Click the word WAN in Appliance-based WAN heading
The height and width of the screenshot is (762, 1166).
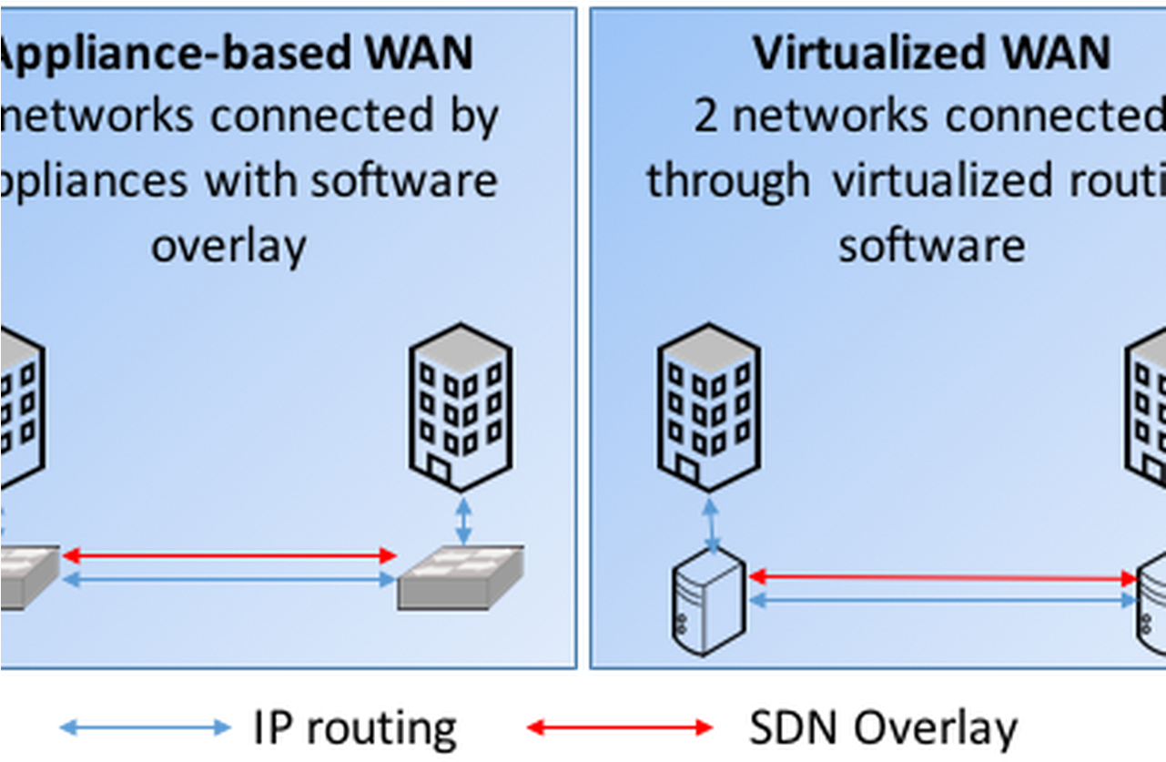pyautogui.click(x=420, y=53)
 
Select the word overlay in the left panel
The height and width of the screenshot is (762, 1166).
pyautogui.click(x=228, y=246)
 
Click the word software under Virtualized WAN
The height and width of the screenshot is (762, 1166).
pyautogui.click(x=931, y=246)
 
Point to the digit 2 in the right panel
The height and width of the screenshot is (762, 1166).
pyautogui.click(x=705, y=116)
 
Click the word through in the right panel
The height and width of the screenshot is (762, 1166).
pyautogui.click(x=728, y=180)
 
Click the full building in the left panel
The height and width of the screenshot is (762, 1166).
pyautogui.click(x=461, y=407)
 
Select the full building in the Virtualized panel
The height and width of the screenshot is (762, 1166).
pyautogui.click(x=709, y=407)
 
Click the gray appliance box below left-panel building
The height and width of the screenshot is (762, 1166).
pyautogui.click(x=461, y=577)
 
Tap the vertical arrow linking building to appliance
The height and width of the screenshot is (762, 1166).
pyautogui.click(x=463, y=522)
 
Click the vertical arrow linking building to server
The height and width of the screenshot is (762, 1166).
pyautogui.click(x=711, y=523)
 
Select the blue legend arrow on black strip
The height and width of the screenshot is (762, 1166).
pyautogui.click(x=146, y=727)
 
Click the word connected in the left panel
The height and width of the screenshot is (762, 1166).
pyautogui.click(x=339, y=116)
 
